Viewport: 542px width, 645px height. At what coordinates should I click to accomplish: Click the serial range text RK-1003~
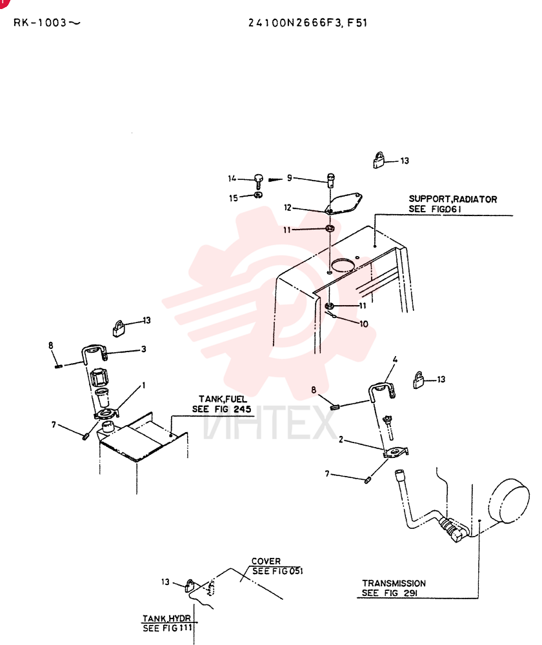47,23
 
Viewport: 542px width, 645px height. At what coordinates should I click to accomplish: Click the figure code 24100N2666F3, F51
307,23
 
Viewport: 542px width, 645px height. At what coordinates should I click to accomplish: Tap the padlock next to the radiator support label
379,160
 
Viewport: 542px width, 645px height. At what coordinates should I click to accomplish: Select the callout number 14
232,179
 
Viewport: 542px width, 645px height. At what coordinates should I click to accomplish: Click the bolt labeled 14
259,181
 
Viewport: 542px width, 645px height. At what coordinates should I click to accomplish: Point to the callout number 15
234,198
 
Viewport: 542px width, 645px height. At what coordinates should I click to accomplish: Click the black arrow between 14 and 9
276,179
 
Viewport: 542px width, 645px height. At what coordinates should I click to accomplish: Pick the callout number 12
288,208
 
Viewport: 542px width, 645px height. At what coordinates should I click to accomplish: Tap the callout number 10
364,324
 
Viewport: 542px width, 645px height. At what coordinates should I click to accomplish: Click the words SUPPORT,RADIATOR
453,199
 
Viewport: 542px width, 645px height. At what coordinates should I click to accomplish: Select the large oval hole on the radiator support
343,265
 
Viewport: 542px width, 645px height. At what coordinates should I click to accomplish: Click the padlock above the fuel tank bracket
119,329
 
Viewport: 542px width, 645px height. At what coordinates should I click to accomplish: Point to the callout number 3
144,349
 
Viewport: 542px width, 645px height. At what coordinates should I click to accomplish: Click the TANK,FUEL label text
223,399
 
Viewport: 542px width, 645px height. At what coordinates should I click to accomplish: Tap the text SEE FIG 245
222,410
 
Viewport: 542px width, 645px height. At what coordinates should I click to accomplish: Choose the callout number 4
395,360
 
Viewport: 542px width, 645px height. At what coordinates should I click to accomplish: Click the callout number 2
341,439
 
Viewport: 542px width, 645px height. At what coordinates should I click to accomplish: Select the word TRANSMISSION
394,583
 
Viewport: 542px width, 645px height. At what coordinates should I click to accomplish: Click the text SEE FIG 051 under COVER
277,571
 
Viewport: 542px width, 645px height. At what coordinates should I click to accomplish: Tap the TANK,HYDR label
166,619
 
